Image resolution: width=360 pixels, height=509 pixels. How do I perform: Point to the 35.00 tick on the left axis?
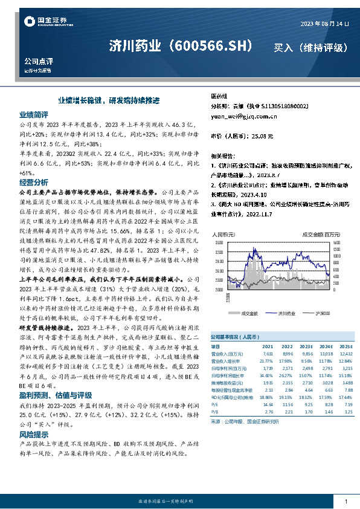tap(218, 243)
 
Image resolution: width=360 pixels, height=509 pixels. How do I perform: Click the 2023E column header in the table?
tap(309, 346)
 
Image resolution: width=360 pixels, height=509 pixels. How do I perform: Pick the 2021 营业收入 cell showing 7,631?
tap(267, 354)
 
